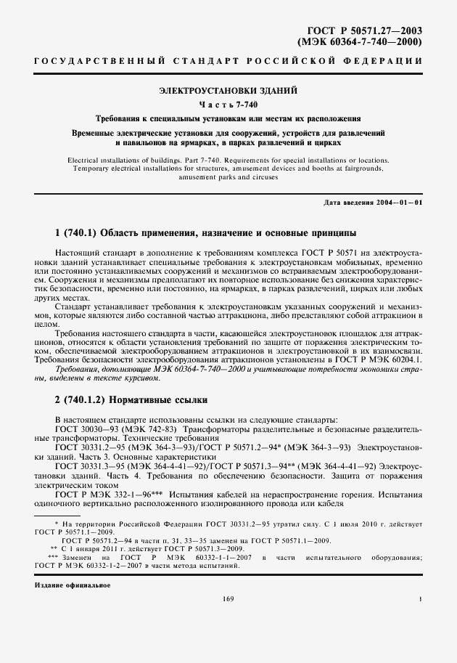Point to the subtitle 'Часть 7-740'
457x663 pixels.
coord(228,105)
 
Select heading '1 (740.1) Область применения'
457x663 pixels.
coord(205,233)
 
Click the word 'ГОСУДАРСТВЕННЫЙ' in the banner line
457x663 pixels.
coord(79,61)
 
